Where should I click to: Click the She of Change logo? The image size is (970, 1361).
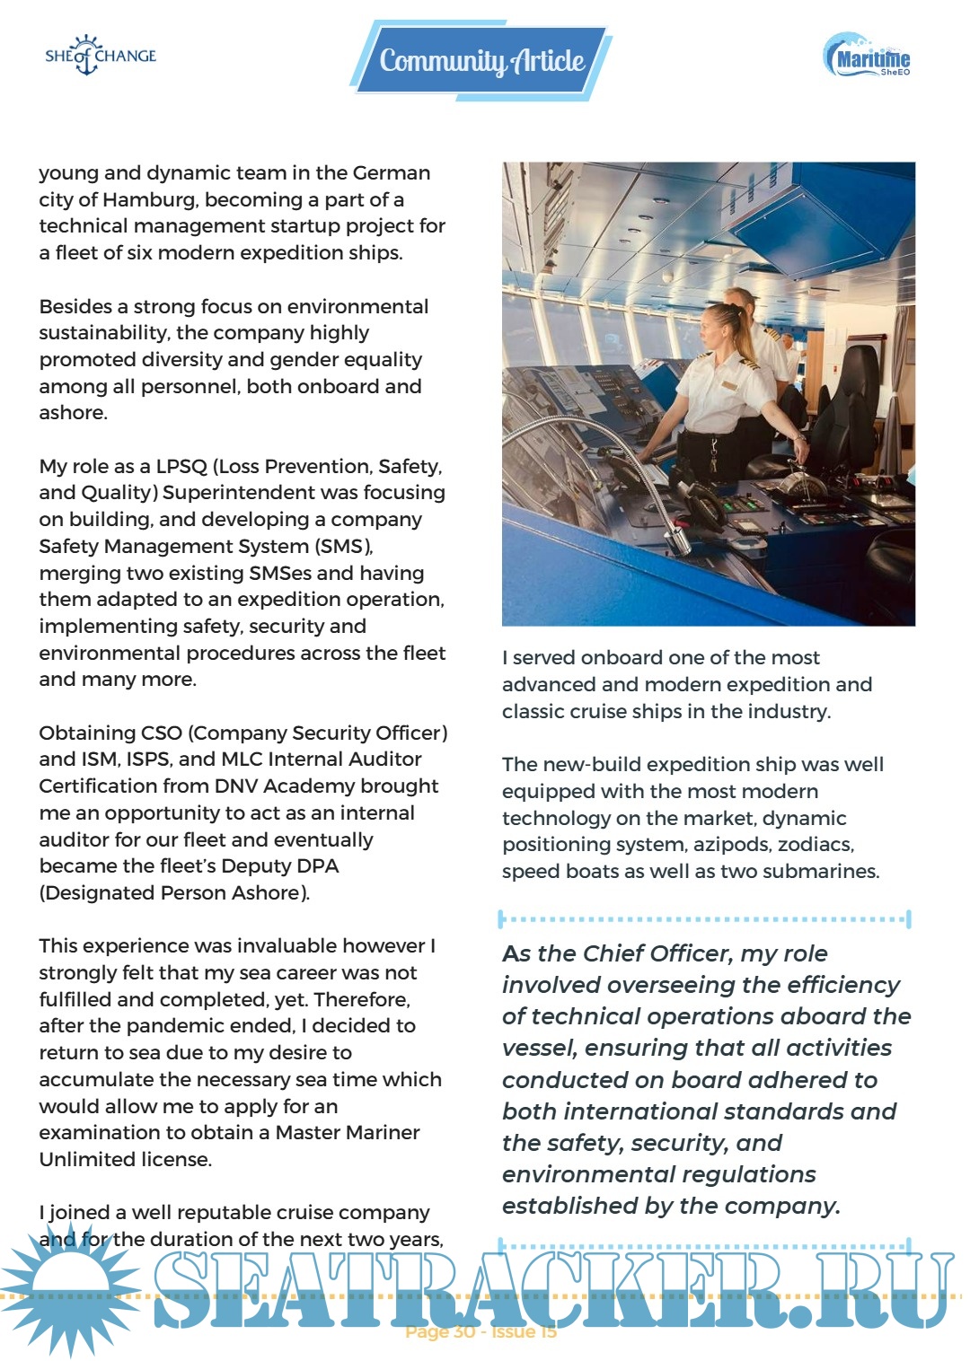pos(101,56)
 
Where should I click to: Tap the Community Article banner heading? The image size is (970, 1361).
pos(481,61)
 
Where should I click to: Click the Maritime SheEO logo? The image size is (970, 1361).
pos(868,57)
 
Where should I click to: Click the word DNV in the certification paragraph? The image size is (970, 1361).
pos(236,786)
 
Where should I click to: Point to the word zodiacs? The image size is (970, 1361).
pos(816,844)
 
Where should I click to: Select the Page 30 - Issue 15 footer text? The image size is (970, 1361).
pos(481,1331)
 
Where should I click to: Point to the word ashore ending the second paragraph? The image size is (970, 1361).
pos(72,412)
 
